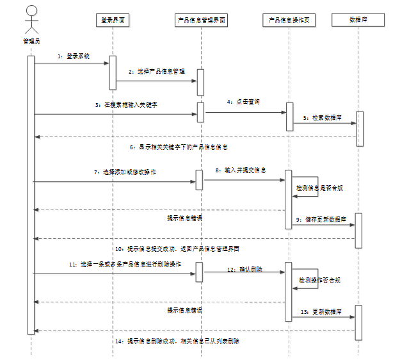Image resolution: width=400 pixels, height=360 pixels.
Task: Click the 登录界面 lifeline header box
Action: click(113, 20)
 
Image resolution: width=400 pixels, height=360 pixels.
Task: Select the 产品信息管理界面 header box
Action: click(201, 20)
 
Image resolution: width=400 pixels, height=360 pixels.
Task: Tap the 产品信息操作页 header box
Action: click(289, 20)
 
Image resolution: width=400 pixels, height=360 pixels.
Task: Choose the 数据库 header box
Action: click(358, 20)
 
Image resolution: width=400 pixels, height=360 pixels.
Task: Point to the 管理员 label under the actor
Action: click(31, 41)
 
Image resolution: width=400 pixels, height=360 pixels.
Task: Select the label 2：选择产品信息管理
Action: click(156, 72)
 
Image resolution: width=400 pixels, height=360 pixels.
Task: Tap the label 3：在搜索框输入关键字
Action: click(127, 104)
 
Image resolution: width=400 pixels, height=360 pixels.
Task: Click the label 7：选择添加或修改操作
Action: click(124, 172)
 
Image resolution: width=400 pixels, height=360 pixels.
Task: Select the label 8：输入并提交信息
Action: click(241, 170)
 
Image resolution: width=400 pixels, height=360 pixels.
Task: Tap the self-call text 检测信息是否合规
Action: click(318, 189)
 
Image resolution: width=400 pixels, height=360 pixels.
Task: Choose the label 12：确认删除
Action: click(240, 270)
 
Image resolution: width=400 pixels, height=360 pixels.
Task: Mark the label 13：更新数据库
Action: click(321, 311)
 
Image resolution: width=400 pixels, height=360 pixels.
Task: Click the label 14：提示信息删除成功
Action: click(177, 341)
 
